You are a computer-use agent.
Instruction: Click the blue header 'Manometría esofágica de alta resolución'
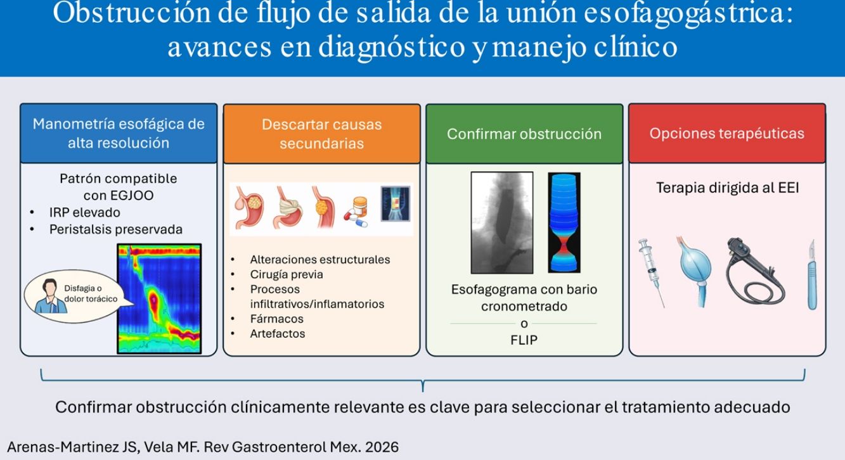click(119, 133)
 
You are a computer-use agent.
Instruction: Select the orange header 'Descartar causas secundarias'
click(322, 134)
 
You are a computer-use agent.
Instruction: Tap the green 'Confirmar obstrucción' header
click(524, 134)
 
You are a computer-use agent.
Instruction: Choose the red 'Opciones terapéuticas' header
click(727, 134)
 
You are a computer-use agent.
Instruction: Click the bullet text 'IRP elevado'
click(85, 212)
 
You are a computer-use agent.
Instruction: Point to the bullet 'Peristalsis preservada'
click(116, 229)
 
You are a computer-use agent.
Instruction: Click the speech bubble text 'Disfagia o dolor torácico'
click(91, 293)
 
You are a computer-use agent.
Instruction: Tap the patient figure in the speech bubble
click(50, 297)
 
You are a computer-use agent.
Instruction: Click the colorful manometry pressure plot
click(159, 298)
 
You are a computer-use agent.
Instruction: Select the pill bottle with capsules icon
click(356, 212)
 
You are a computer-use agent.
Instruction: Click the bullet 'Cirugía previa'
click(287, 274)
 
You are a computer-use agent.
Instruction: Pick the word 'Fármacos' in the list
click(277, 319)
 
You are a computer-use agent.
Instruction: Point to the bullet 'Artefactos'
click(278, 333)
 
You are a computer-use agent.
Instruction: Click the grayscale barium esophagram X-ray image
click(502, 222)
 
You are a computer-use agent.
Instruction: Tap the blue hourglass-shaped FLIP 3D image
click(564, 222)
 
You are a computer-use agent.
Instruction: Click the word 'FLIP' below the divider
click(524, 340)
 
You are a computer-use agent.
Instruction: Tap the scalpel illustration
click(812, 275)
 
